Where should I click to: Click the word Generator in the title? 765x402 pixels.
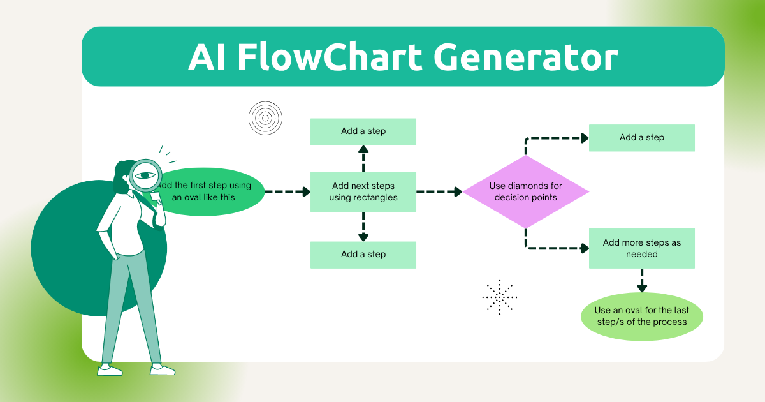(x=526, y=57)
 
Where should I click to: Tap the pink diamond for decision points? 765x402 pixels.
(x=525, y=191)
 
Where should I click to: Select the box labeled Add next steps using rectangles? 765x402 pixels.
(x=363, y=191)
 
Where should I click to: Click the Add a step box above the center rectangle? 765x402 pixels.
(x=363, y=131)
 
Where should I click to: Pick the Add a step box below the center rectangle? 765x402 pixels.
(x=363, y=255)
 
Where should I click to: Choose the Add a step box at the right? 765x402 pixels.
(x=641, y=138)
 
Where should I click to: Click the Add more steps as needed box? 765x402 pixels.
(x=641, y=248)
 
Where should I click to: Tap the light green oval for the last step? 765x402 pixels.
(x=641, y=316)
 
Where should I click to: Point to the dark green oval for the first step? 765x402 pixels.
(x=214, y=191)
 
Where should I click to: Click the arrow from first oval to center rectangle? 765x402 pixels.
(x=287, y=191)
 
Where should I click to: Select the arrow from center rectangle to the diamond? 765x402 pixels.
(x=439, y=191)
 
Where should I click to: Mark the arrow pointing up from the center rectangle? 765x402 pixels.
(x=363, y=158)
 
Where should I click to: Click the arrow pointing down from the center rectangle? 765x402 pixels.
(x=363, y=227)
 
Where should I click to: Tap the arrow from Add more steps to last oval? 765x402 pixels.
(x=642, y=281)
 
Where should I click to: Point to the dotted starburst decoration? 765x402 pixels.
(x=500, y=297)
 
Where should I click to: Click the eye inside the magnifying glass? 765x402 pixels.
(x=146, y=175)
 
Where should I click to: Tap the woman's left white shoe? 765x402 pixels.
(x=110, y=369)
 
